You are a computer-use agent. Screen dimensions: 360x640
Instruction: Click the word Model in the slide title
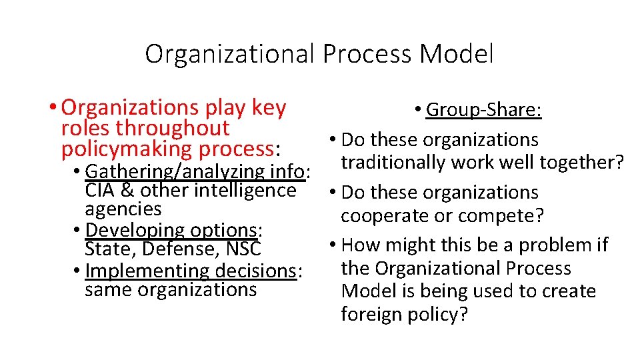[457, 54]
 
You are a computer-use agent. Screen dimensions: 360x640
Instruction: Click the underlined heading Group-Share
[483, 109]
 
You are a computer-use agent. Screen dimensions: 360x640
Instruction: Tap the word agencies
[123, 209]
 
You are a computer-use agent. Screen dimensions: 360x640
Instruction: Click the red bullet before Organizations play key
[52, 107]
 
